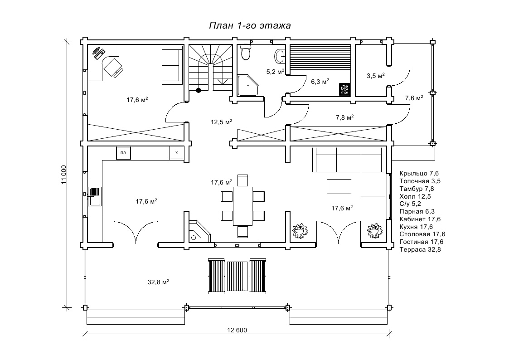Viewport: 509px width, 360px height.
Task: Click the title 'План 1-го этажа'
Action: [250, 26]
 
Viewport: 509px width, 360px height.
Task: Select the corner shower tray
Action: [249, 86]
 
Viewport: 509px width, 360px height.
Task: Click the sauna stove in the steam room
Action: [344, 89]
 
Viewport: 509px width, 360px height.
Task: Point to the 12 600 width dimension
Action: [237, 331]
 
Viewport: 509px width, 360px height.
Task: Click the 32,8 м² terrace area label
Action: [159, 282]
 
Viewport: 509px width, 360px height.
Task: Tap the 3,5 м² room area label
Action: [376, 76]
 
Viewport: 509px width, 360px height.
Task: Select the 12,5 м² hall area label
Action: [221, 122]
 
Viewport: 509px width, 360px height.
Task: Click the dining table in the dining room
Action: [243, 206]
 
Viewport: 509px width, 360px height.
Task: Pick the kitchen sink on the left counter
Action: [95, 196]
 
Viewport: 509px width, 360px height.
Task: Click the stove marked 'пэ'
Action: [124, 153]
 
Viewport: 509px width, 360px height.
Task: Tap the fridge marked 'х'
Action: [177, 153]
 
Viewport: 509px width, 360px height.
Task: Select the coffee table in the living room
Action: [339, 187]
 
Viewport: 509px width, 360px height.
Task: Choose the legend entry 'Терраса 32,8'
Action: [420, 250]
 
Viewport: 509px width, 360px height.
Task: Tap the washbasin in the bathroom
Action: [280, 56]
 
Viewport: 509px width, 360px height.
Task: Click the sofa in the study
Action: [172, 65]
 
